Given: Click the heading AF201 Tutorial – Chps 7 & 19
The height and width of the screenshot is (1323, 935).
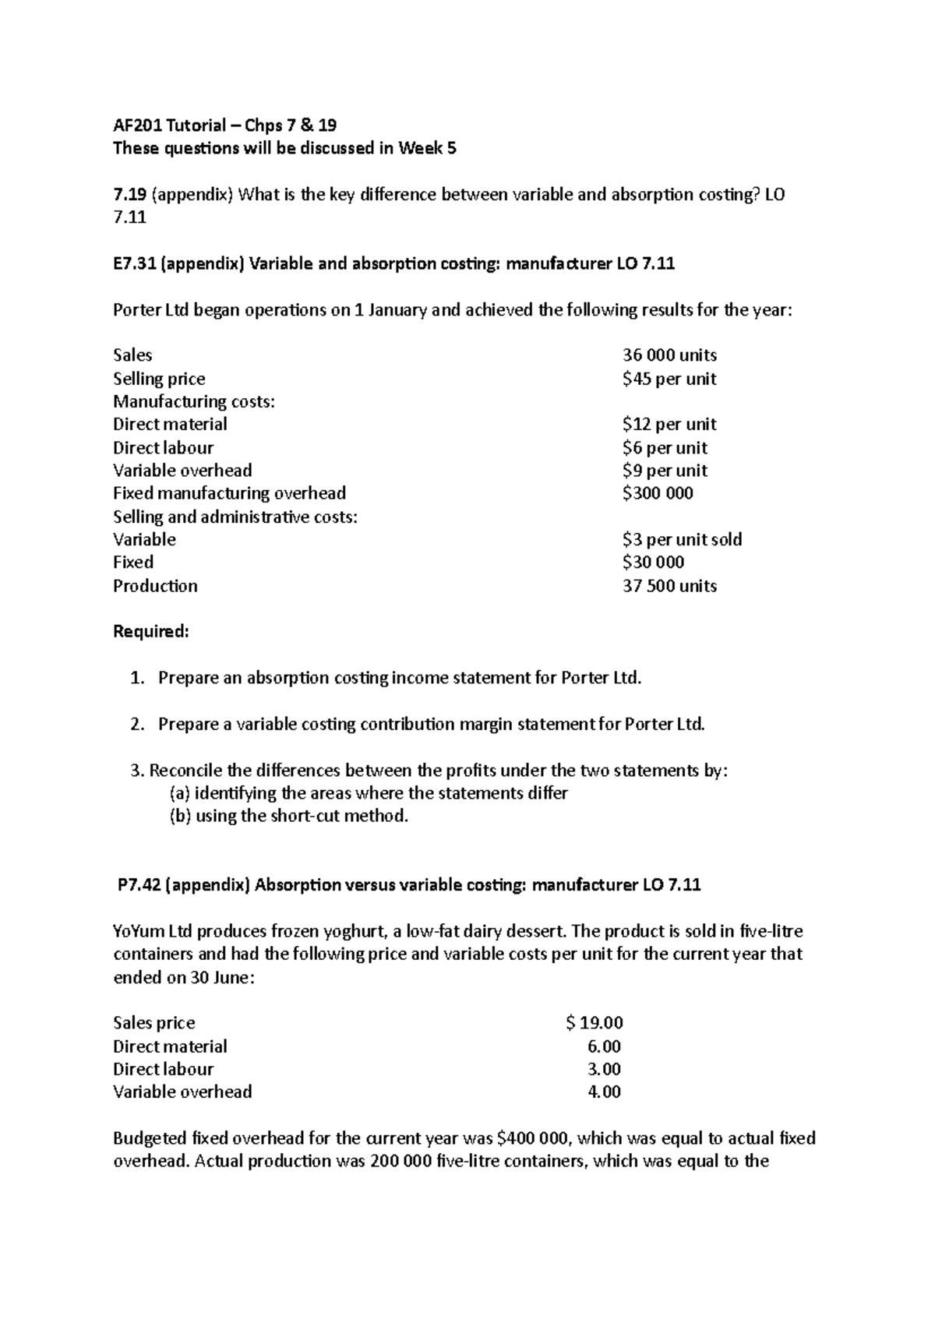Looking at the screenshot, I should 224,125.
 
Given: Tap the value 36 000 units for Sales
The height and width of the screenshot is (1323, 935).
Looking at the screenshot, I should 669,355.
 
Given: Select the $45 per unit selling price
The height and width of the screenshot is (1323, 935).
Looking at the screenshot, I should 669,379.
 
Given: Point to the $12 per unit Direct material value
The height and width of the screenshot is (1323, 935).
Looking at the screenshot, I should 669,425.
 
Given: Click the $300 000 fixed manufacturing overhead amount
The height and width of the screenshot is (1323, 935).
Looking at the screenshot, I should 658,493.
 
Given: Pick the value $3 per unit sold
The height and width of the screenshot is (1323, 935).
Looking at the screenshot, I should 682,539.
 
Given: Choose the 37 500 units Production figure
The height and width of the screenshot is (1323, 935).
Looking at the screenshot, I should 669,586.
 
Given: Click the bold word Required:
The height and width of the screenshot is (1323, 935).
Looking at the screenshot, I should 151,631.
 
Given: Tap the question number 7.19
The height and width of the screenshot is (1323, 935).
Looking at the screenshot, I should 129,194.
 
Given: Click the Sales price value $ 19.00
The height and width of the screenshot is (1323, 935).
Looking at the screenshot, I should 594,1023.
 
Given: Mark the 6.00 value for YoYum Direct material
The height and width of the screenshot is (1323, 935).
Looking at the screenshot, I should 604,1046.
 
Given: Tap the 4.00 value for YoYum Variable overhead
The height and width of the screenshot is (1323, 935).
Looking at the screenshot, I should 604,1092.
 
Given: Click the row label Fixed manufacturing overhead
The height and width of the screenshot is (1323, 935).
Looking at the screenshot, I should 229,493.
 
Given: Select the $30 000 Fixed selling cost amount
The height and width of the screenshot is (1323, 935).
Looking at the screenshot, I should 653,563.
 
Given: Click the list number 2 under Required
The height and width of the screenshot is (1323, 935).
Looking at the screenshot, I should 137,725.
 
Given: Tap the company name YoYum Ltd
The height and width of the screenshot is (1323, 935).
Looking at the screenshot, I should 153,931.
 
